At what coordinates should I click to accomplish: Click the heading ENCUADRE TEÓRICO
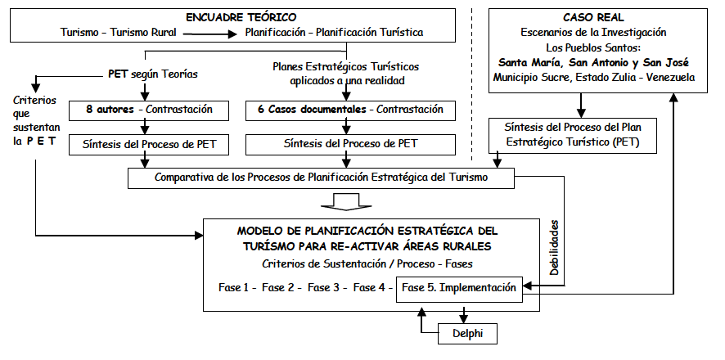click(x=242, y=16)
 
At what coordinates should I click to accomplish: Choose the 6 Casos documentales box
click(x=349, y=109)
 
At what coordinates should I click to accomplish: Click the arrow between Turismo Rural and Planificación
click(x=211, y=34)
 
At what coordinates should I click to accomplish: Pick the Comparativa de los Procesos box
click(x=321, y=177)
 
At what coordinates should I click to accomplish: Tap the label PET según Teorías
click(x=153, y=74)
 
